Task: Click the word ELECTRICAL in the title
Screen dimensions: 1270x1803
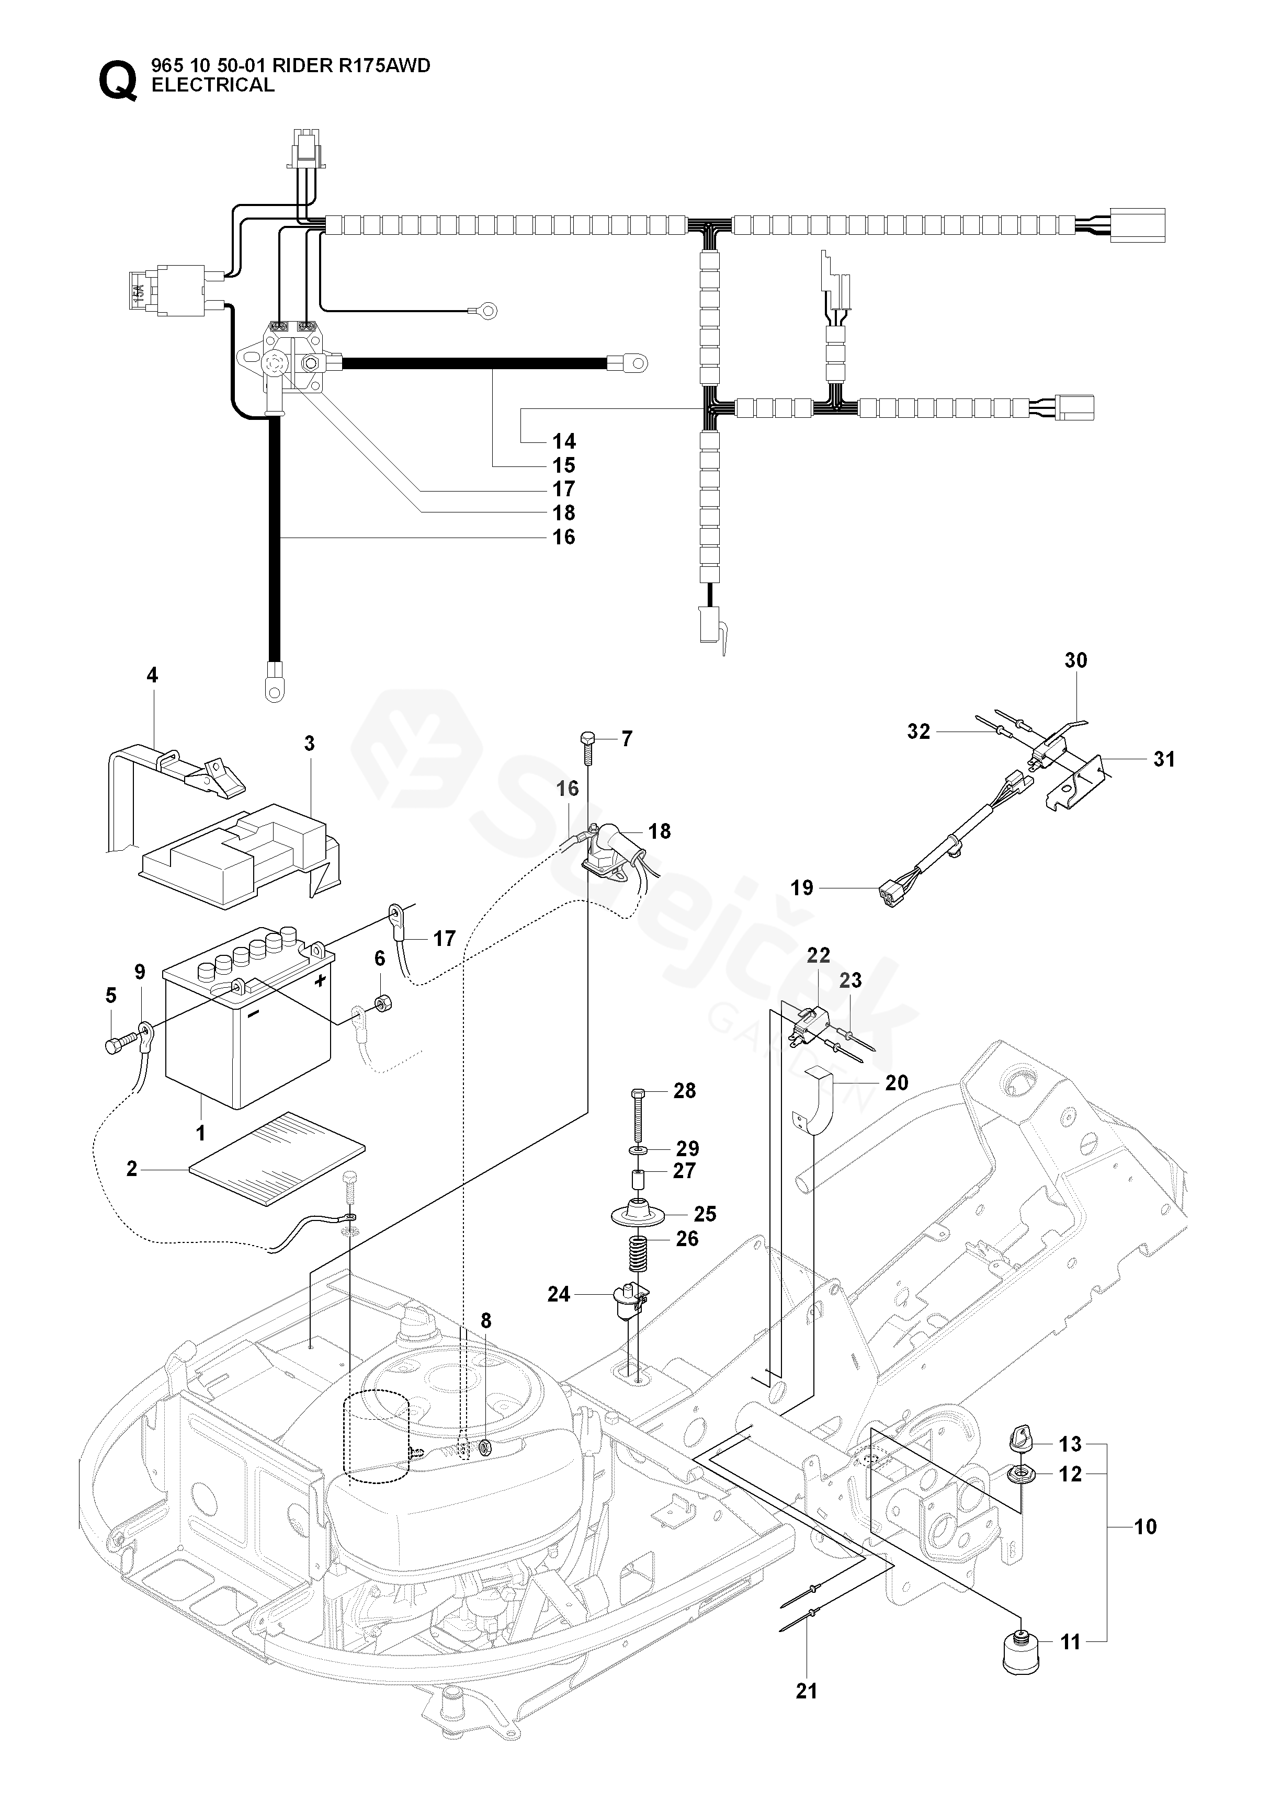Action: (213, 86)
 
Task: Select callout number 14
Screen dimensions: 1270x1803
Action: (564, 441)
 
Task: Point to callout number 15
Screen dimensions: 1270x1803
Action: (564, 466)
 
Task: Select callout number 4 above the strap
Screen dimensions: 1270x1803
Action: (152, 675)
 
